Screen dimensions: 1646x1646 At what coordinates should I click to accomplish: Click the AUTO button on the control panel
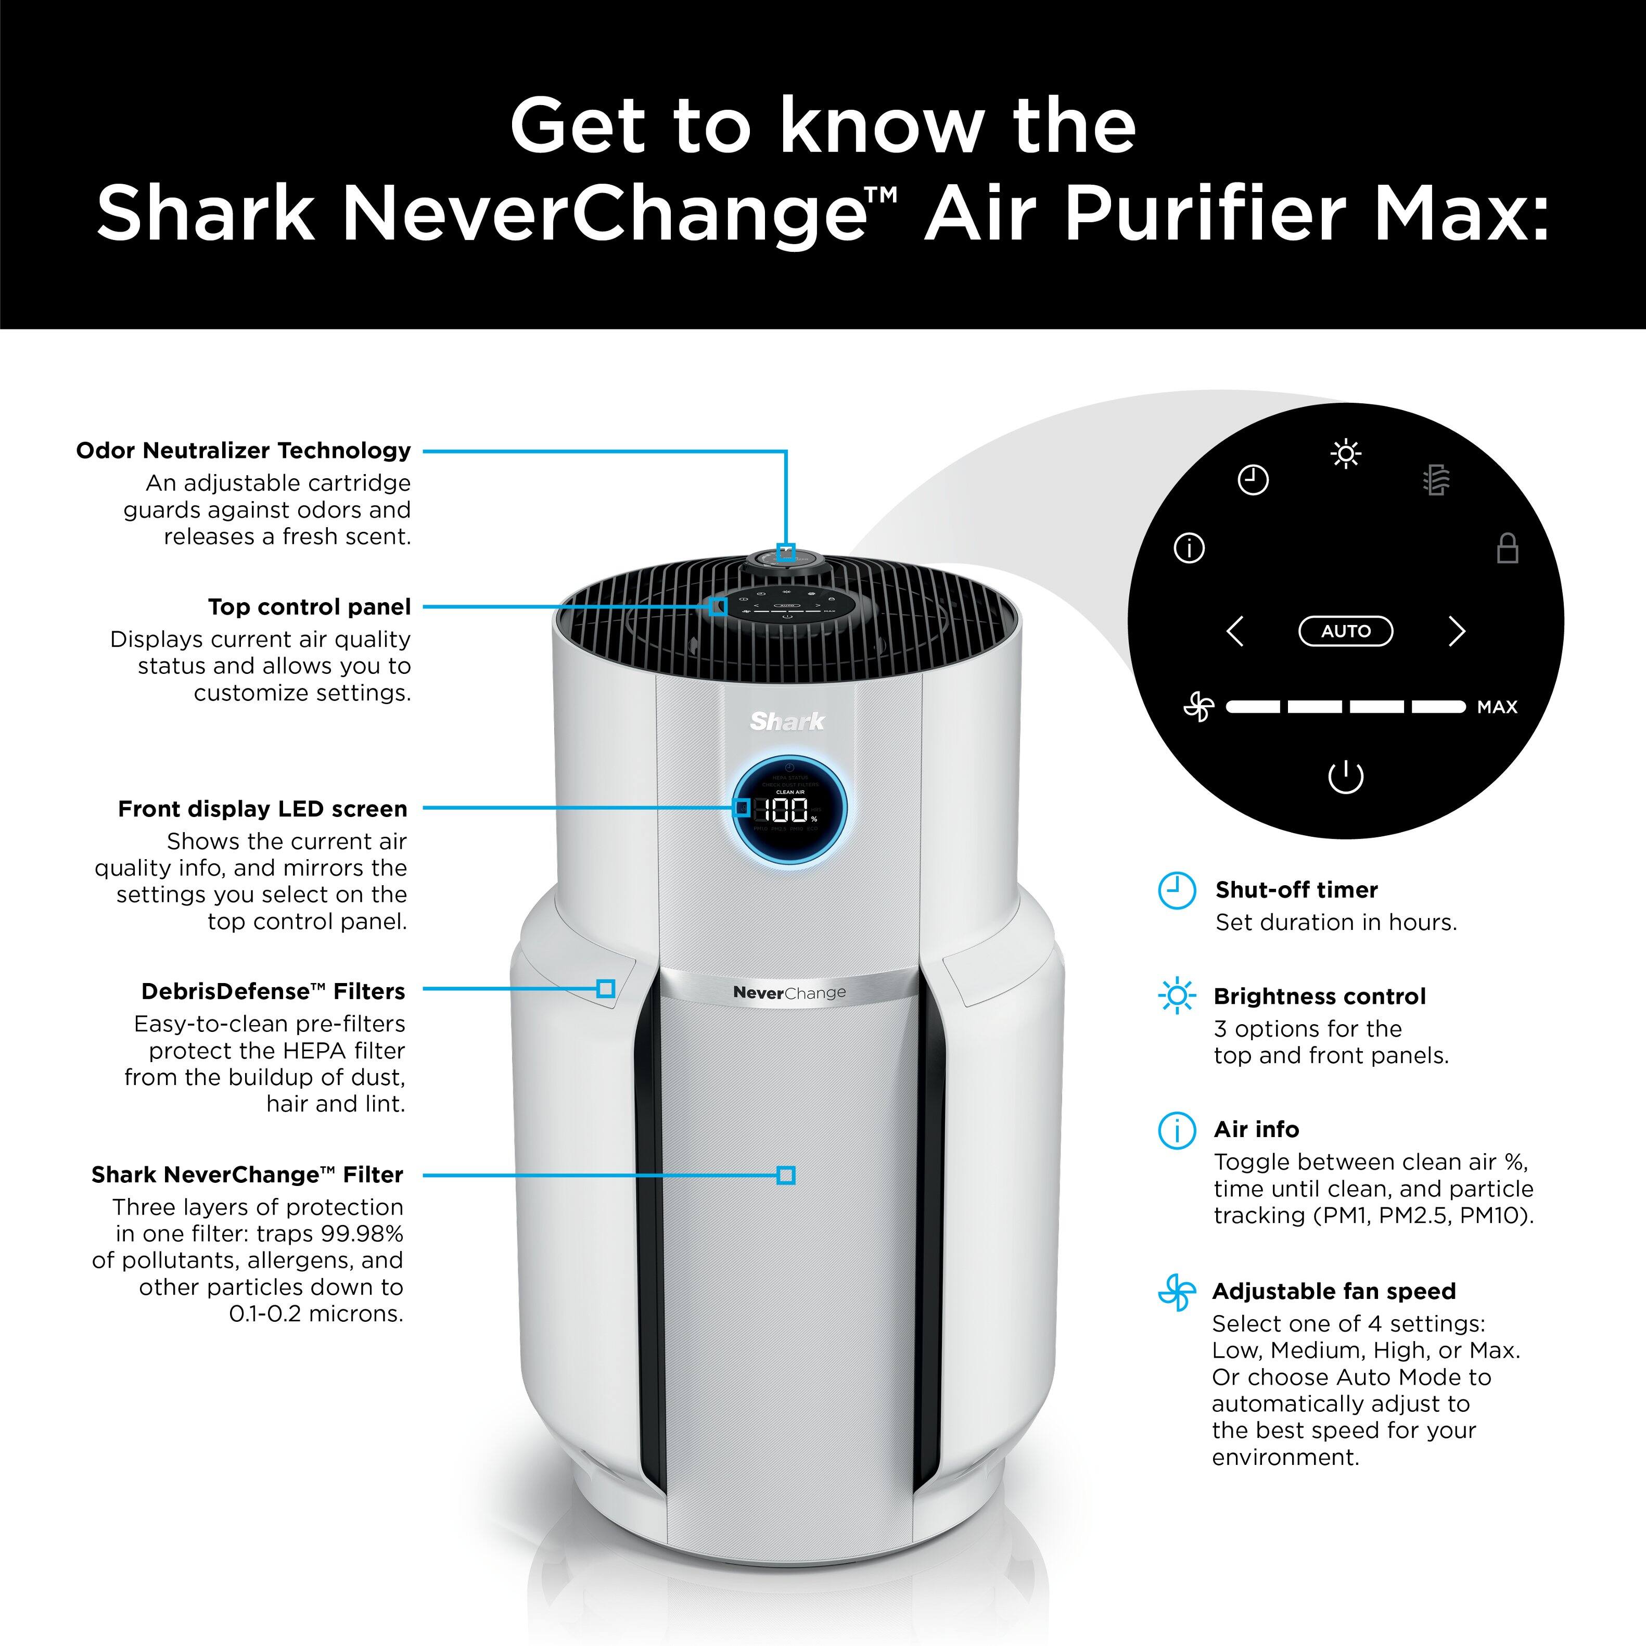(1345, 631)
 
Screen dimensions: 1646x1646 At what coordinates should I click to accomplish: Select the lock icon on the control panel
(1507, 548)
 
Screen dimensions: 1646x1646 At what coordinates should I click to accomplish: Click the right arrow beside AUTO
(1457, 631)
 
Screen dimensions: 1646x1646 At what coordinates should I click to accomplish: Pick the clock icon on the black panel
(1253, 480)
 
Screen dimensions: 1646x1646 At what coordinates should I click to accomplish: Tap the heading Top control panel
(309, 607)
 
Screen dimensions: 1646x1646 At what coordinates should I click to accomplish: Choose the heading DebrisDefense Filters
(273, 991)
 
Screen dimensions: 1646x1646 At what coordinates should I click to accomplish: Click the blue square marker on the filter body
(785, 1175)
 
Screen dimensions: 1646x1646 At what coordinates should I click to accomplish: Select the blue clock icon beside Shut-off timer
(1177, 891)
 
